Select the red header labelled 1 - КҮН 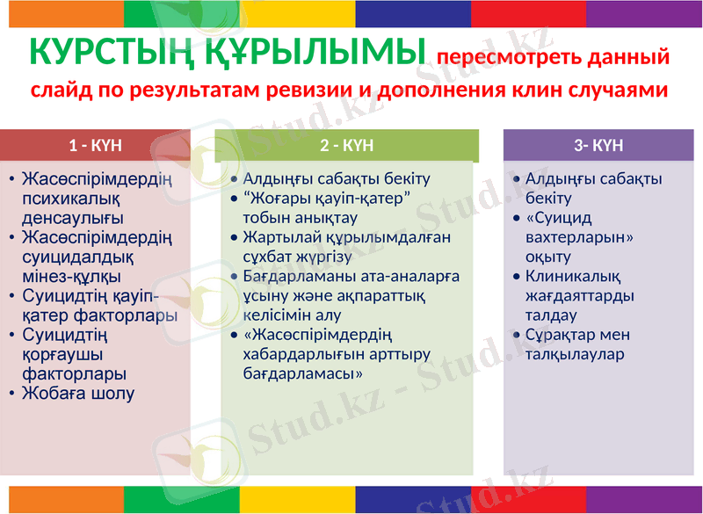point(95,145)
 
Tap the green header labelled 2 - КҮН point(346,145)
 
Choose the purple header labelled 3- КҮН point(598,145)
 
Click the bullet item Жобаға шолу point(78,393)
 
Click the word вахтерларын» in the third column point(579,237)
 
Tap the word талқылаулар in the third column point(574,354)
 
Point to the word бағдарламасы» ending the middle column point(304,373)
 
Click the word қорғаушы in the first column point(62,354)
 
